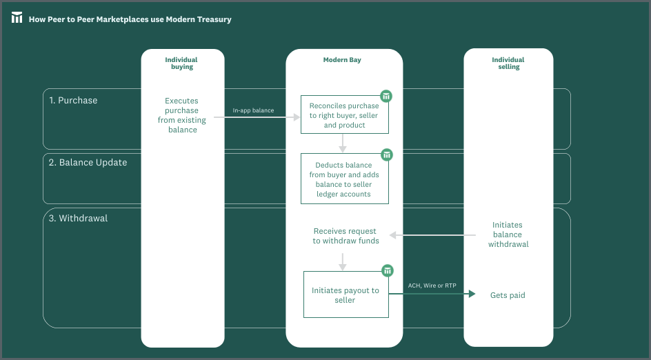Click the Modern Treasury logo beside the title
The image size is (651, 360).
(17, 17)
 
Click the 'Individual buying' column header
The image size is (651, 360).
(181, 63)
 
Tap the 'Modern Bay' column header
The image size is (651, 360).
(342, 60)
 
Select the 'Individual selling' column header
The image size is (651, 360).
(508, 63)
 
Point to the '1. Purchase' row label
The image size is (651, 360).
(73, 101)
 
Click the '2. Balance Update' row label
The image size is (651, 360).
(88, 162)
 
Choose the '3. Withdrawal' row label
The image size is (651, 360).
(78, 219)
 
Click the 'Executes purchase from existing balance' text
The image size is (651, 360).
(182, 115)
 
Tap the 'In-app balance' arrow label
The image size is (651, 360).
(253, 110)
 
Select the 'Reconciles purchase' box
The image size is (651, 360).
(345, 114)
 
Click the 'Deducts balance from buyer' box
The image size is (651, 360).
(345, 179)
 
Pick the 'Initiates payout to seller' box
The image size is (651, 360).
(346, 294)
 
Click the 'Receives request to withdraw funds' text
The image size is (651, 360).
(346, 236)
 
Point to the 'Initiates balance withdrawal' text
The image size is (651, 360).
(508, 234)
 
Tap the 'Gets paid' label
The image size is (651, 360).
(508, 295)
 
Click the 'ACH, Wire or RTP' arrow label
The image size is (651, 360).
(432, 286)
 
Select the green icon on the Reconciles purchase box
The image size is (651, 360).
(386, 96)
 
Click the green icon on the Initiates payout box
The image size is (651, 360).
(388, 271)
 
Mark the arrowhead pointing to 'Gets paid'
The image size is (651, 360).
(472, 294)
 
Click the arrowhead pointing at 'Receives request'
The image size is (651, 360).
(393, 235)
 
